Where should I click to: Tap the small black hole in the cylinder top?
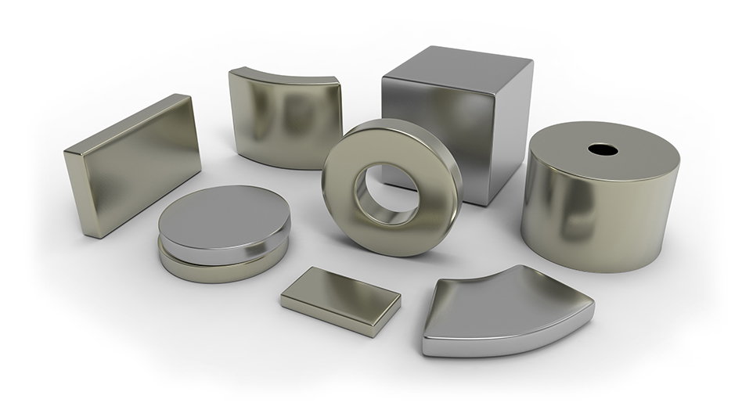[x=603, y=149]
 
